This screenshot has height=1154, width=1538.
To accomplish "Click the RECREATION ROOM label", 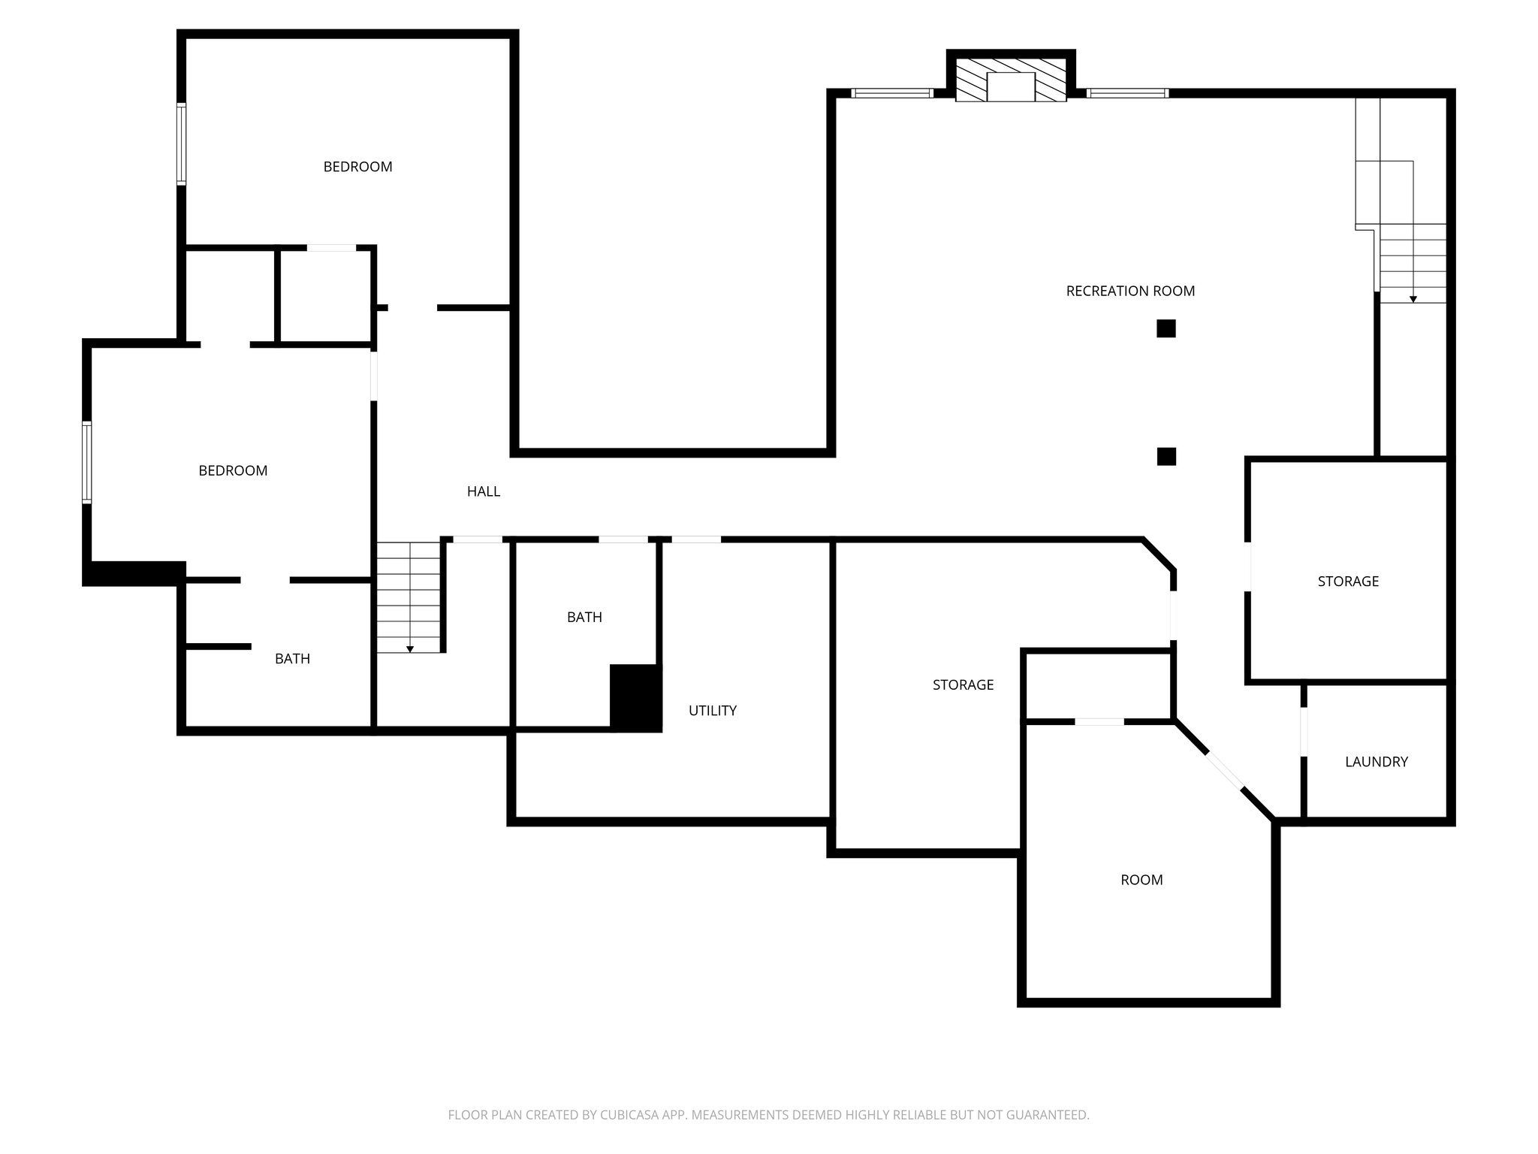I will pyautogui.click(x=1130, y=291).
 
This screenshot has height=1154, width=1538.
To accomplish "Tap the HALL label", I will pyautogui.click(x=483, y=491).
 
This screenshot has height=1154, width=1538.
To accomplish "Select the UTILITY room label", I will pyautogui.click(x=712, y=711).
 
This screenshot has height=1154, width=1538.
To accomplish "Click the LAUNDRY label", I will pyautogui.click(x=1376, y=762).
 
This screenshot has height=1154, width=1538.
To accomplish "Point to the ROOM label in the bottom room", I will pyautogui.click(x=1141, y=880).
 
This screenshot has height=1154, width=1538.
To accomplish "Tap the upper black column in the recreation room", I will pyautogui.click(x=1166, y=328).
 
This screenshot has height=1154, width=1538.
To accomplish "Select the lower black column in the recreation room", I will pyautogui.click(x=1166, y=456).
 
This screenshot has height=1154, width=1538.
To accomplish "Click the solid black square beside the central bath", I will pyautogui.click(x=635, y=698).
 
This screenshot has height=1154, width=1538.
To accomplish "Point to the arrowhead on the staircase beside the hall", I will pyautogui.click(x=410, y=649).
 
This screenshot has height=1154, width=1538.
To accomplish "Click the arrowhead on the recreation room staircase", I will pyautogui.click(x=1413, y=299).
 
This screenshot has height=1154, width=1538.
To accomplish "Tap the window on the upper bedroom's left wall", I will pyautogui.click(x=181, y=143).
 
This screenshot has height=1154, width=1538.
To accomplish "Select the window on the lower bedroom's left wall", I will pyautogui.click(x=87, y=462).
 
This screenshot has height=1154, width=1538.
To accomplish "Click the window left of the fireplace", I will pyautogui.click(x=892, y=93).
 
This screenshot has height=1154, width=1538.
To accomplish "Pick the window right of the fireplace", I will pyautogui.click(x=1127, y=93).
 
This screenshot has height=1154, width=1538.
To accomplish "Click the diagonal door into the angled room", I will pyautogui.click(x=1224, y=771).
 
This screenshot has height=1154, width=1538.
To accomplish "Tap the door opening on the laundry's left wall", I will pyautogui.click(x=1304, y=732).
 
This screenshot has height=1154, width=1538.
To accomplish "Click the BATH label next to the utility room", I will pyautogui.click(x=584, y=618).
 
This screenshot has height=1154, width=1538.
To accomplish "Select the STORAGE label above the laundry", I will pyautogui.click(x=1348, y=582).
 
